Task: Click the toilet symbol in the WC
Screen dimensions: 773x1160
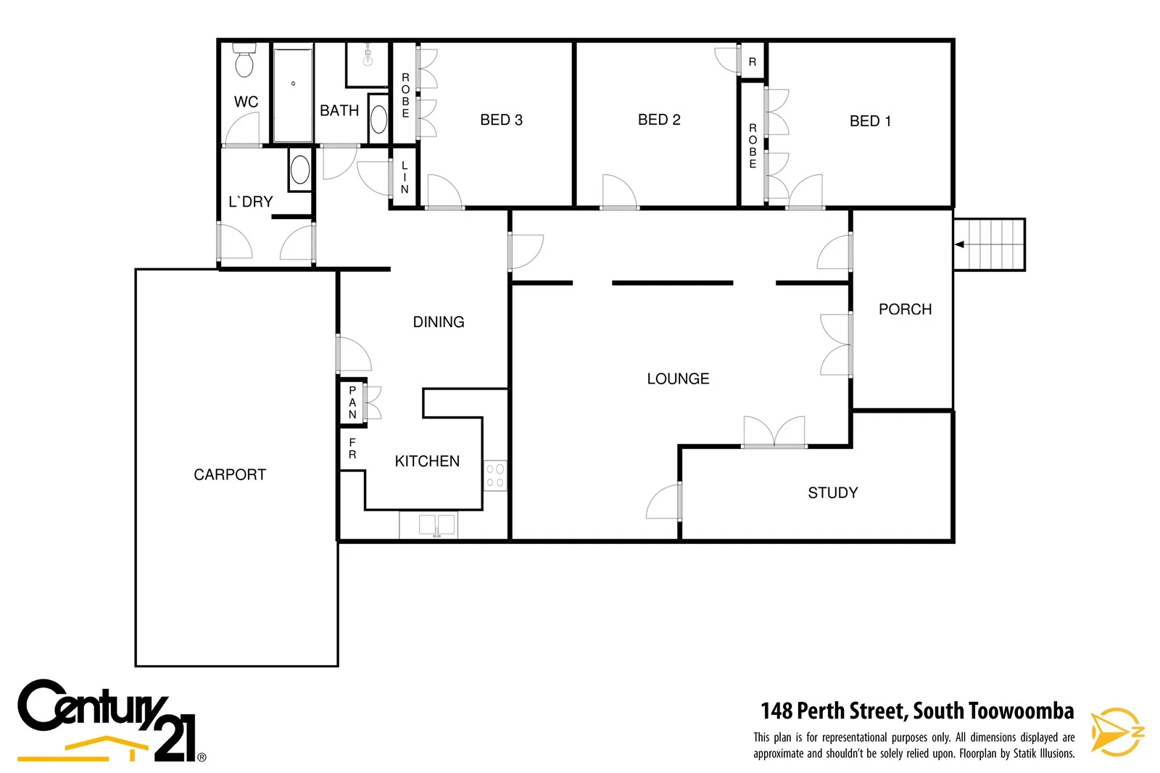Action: coord(244,61)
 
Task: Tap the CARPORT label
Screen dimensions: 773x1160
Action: coord(230,475)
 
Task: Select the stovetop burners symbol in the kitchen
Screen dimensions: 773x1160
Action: coord(495,476)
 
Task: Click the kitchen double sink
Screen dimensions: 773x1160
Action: coord(436,525)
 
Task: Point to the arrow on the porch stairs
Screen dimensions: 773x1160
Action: coord(960,244)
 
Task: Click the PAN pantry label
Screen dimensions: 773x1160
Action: coord(352,402)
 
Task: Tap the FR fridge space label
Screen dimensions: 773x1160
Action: coord(352,449)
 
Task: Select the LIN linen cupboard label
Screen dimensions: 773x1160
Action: coord(405,177)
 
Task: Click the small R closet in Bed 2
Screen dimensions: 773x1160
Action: coord(752,62)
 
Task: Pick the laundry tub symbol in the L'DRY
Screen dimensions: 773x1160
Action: coord(299,170)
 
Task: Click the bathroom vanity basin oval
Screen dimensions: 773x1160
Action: coord(378,119)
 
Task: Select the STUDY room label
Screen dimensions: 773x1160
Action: coord(832,493)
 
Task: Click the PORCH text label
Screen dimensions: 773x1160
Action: coord(905,310)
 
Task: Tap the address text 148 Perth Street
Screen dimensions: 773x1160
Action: coord(916,711)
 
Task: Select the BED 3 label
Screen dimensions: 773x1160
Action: coord(501,120)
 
